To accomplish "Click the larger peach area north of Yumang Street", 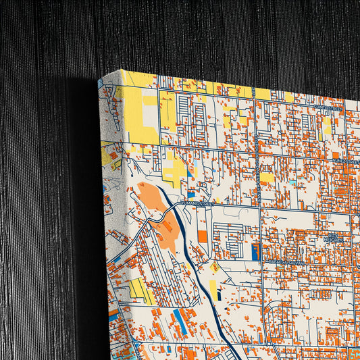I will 151,197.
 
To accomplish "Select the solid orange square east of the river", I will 203,236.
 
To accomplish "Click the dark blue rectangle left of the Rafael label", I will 255,252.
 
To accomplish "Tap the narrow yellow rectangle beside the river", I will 213,289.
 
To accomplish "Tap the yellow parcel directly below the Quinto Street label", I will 327,125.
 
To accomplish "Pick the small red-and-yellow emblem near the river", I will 215,267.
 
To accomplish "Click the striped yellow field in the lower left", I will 141,290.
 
